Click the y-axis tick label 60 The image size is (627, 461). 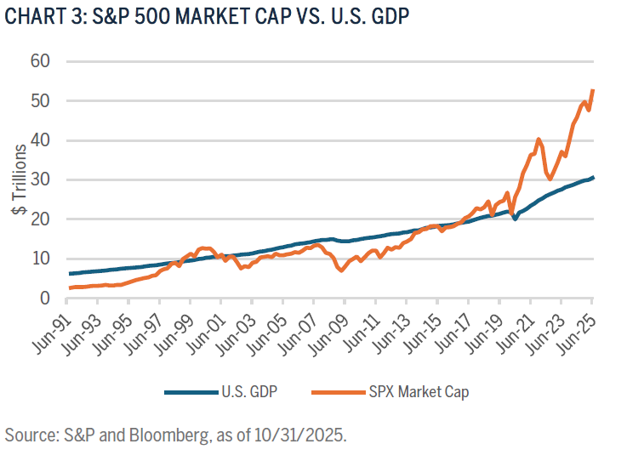40,61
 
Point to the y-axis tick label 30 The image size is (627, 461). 40,179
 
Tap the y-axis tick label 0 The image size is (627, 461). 45,299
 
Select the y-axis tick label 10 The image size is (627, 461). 40,259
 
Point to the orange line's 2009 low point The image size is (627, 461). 341,271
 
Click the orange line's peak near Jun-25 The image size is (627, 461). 592,89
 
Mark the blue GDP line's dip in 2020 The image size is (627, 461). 515,219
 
